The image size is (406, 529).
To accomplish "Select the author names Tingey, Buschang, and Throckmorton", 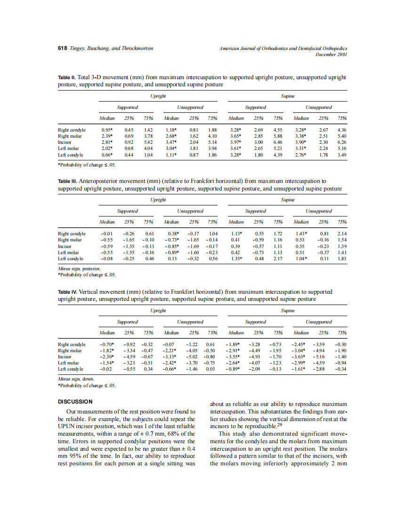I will [111, 49].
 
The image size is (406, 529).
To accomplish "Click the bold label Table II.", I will [66, 77].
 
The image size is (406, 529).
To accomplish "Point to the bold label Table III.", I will [67, 181].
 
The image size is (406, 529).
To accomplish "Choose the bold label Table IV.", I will [67, 292].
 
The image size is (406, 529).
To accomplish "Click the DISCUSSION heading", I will [75, 402].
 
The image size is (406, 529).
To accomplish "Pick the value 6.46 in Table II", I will [278, 142].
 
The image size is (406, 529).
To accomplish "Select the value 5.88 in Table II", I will [278, 136].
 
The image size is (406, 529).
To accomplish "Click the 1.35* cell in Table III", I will [236, 258].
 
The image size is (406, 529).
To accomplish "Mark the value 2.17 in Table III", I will [278, 258].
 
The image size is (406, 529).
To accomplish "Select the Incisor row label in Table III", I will [65, 246].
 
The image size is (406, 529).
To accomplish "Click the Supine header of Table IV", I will [287, 311].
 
